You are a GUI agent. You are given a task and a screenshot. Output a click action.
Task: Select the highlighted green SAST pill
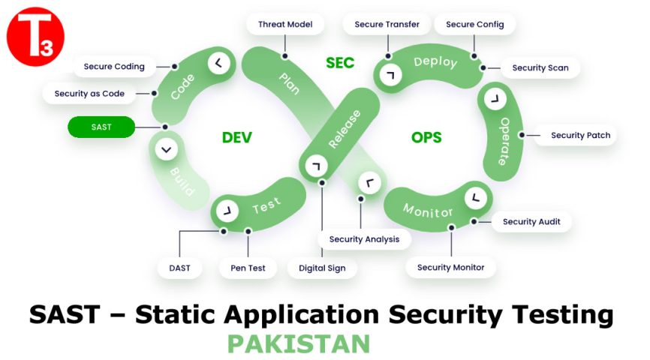(101, 127)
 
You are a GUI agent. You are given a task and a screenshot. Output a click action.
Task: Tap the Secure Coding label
(114, 67)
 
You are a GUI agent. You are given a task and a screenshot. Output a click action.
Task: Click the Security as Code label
(89, 94)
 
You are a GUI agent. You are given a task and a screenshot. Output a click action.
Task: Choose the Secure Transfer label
(387, 24)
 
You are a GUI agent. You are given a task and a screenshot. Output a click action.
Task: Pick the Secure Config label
(474, 24)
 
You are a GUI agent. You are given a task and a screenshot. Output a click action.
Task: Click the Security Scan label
(540, 67)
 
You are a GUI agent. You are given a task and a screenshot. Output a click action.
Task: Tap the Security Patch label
(580, 136)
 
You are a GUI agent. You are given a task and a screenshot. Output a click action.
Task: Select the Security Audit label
(531, 222)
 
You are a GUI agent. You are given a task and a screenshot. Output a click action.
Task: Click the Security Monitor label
(450, 267)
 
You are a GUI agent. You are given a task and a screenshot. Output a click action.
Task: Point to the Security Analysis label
(364, 239)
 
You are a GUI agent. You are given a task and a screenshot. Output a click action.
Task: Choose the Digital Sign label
(322, 268)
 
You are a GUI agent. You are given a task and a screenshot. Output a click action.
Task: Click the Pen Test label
(247, 268)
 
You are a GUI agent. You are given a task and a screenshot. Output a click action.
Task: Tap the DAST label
(179, 268)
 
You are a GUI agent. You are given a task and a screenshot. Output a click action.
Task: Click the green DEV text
(237, 138)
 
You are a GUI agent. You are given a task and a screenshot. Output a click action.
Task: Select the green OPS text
(426, 138)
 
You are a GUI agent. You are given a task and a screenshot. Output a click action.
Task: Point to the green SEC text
(340, 64)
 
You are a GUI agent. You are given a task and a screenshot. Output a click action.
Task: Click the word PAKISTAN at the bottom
(298, 344)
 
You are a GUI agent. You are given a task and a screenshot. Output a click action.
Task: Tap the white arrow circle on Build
(166, 150)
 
